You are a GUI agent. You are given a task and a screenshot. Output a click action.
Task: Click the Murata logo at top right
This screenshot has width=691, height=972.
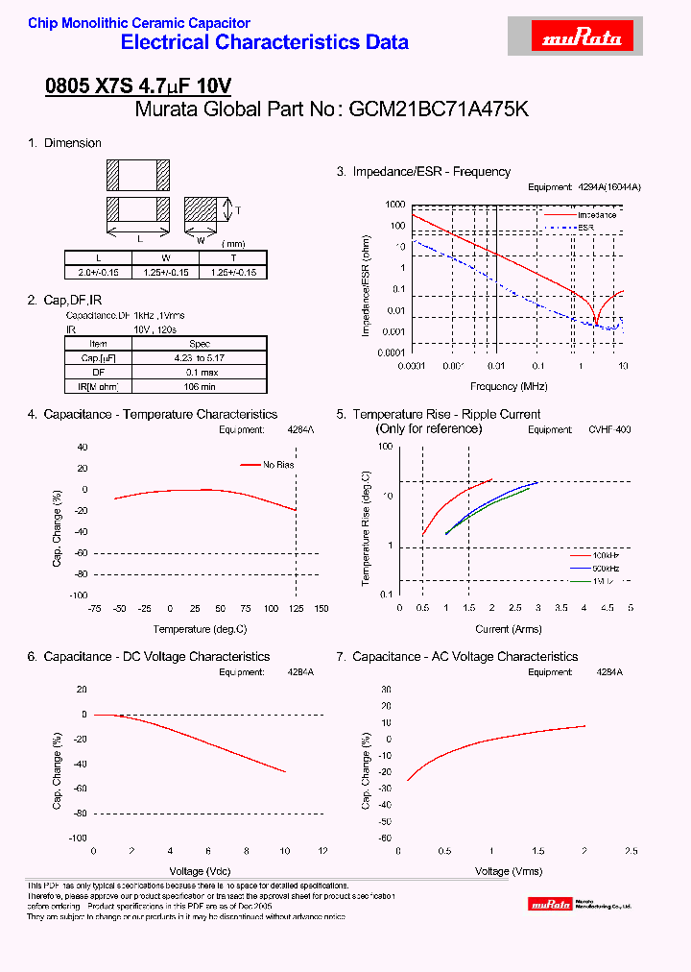coord(584,37)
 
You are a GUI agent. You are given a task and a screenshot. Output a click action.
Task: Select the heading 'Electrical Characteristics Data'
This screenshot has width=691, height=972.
coord(265,42)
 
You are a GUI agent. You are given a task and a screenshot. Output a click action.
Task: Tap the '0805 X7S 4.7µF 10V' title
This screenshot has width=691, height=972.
coord(138,85)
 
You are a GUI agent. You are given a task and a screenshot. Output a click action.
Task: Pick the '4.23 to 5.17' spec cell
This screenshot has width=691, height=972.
coord(200,357)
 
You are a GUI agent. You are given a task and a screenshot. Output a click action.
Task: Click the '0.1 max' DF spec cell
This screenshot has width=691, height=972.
coord(200,372)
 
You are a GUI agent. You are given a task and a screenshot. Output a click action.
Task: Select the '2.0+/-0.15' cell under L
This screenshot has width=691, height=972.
coord(99,273)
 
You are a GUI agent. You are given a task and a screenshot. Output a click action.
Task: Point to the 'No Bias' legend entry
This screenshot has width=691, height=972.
coord(278,465)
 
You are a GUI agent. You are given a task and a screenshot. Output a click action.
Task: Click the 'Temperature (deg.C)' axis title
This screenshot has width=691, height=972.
coord(200,629)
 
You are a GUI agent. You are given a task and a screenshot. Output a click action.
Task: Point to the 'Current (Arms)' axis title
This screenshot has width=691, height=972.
coord(509,629)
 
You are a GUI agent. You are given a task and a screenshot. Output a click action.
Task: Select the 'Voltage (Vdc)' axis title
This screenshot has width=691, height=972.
coord(207,871)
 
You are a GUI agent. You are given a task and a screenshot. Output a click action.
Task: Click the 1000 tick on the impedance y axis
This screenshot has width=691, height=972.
coord(394,205)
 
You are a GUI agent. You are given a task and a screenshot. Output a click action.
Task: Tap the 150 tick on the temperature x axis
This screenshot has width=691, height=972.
coord(321,609)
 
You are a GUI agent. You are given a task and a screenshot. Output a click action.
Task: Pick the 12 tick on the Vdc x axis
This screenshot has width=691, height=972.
coord(322,852)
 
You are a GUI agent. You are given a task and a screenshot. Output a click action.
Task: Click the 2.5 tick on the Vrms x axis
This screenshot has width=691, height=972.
coord(631,852)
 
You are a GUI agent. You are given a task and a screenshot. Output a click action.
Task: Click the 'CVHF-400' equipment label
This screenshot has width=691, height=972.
coord(609,430)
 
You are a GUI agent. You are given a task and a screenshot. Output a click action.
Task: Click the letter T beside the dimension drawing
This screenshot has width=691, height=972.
coord(238,209)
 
